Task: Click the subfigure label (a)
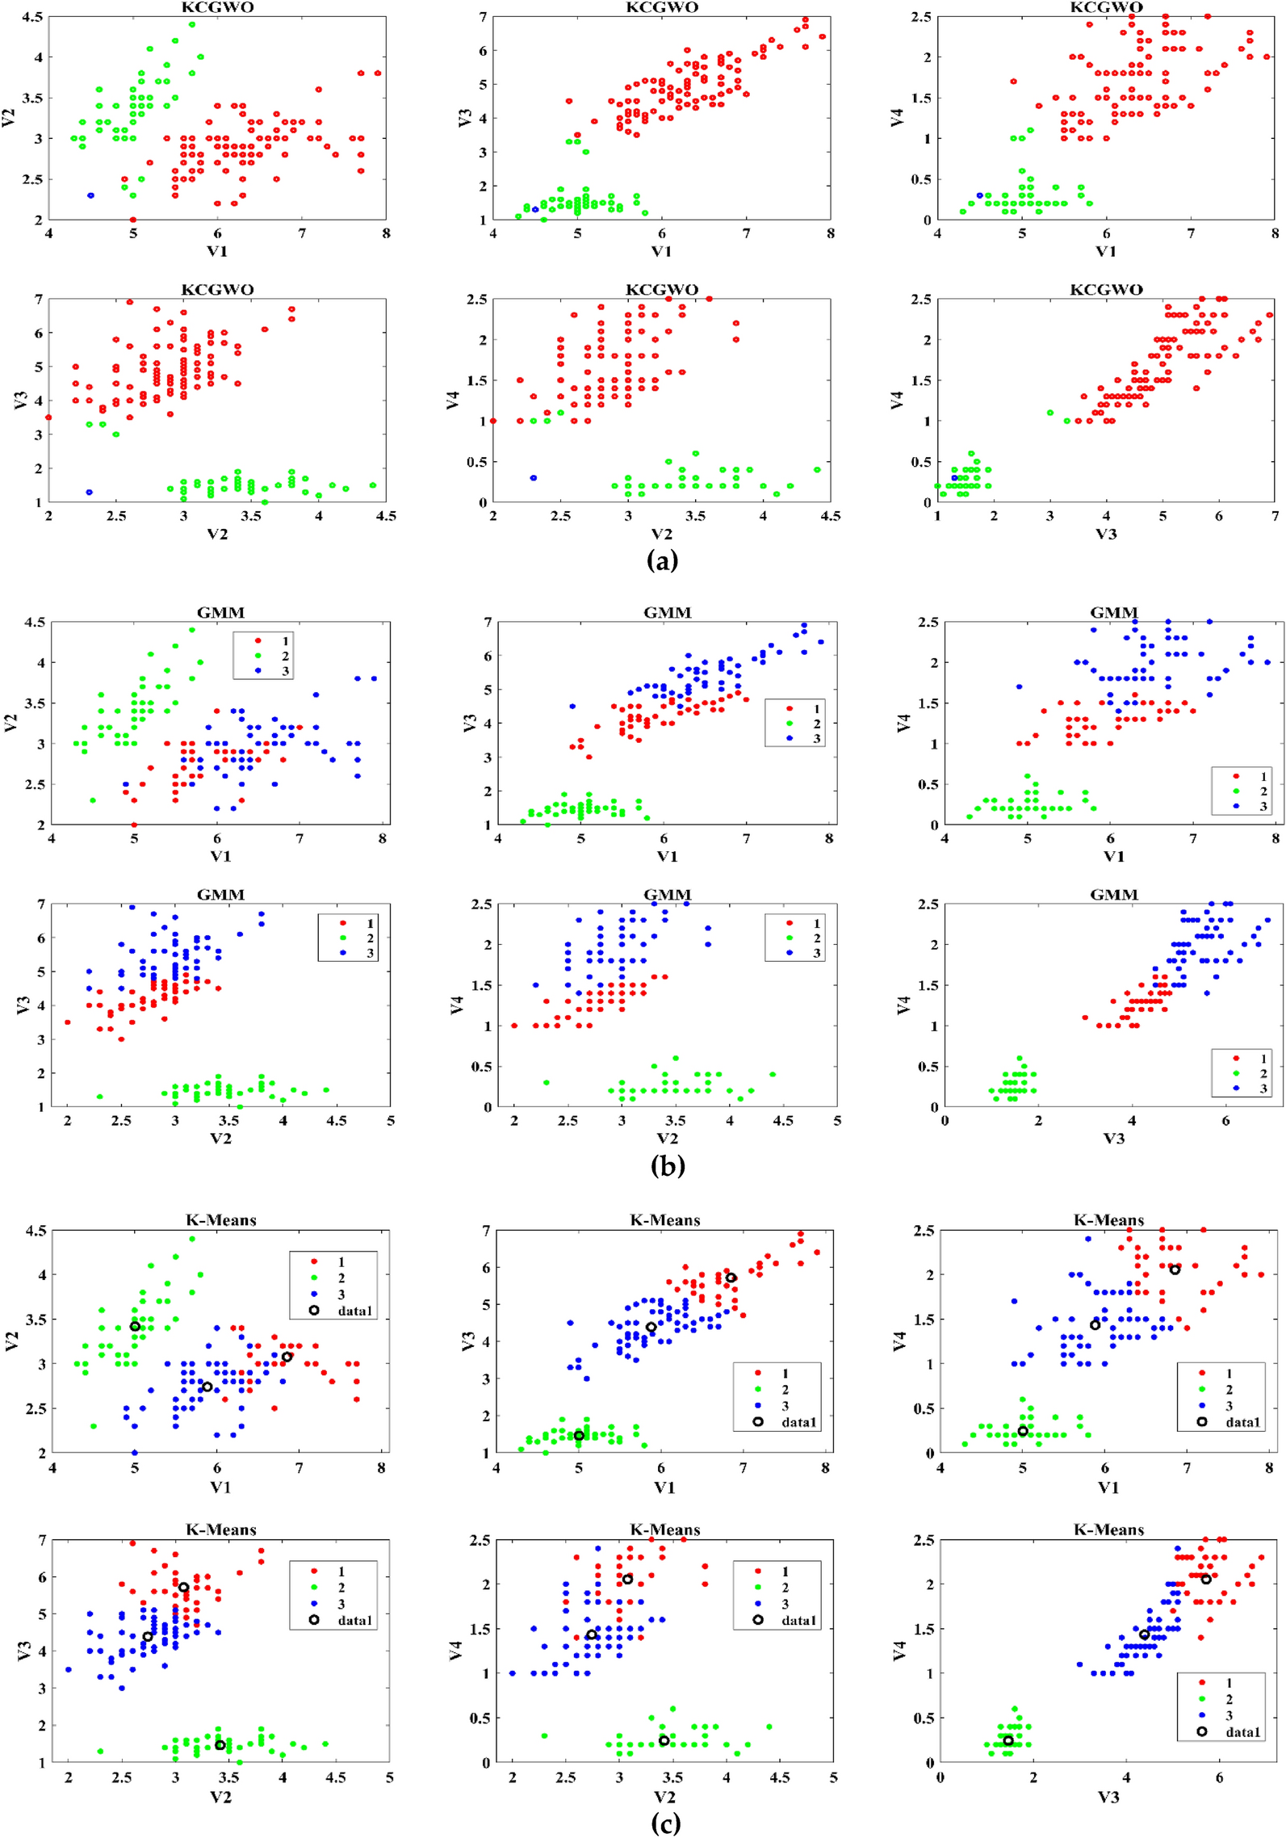(662, 560)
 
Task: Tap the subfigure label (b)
(667, 1165)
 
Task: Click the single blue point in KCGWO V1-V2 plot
(90, 195)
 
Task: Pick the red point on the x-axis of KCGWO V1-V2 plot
(133, 220)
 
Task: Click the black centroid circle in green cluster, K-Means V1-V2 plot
(135, 1326)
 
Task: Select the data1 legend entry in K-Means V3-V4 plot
(1242, 1731)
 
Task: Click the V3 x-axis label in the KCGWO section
(1105, 534)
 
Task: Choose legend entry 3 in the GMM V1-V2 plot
(285, 671)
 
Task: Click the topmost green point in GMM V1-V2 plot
(192, 630)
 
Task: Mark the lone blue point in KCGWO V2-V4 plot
(533, 478)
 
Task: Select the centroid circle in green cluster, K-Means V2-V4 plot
(664, 1740)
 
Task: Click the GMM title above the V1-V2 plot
(220, 612)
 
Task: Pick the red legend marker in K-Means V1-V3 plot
(757, 1373)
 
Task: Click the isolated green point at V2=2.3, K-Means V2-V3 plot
(100, 1751)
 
